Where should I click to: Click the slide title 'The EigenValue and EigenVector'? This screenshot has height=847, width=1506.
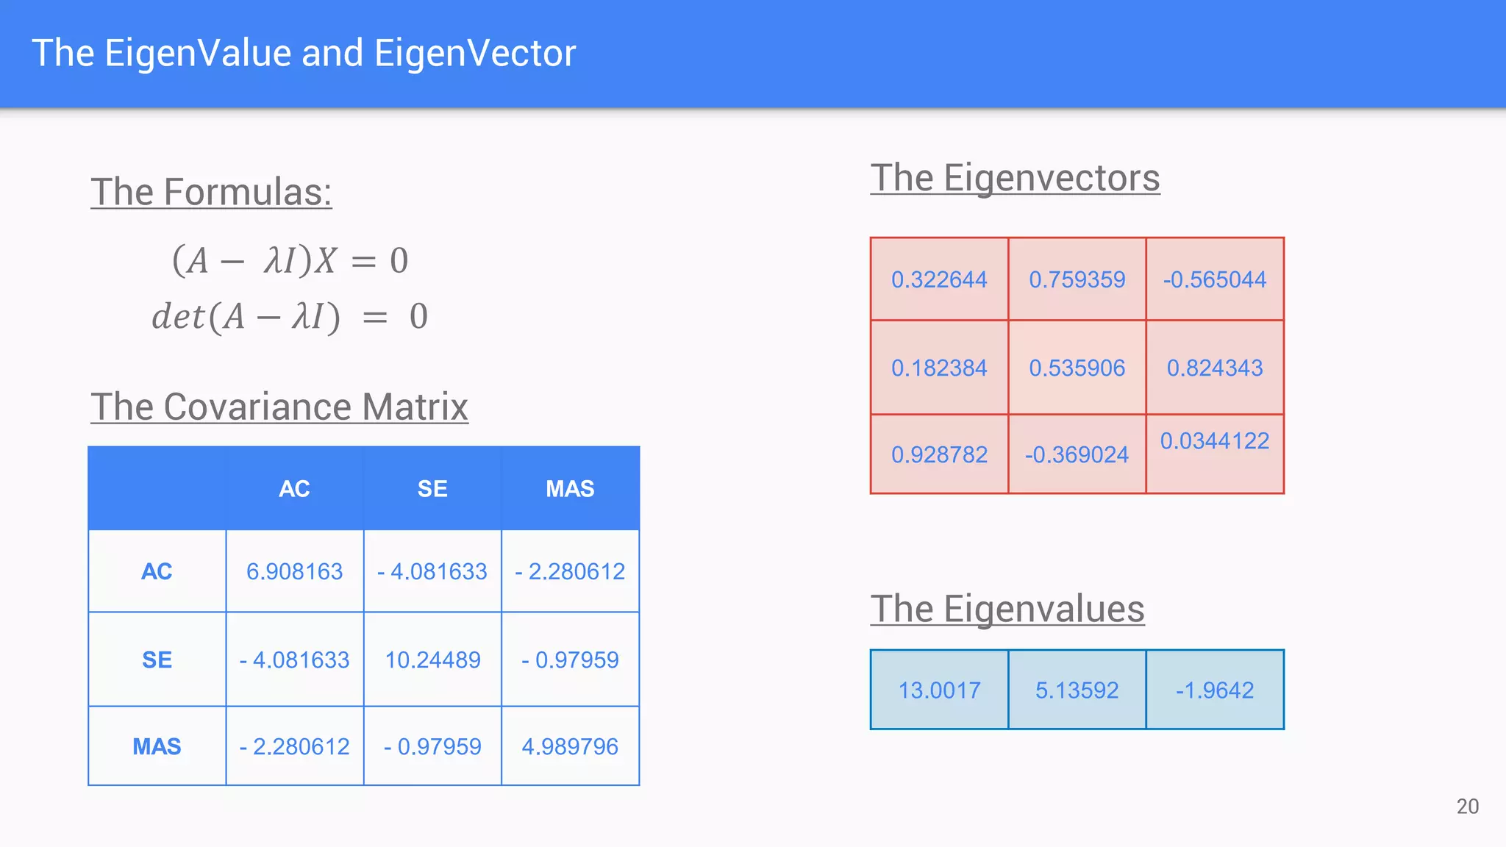[x=304, y=53]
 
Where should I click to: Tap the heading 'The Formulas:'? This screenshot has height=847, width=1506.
[x=211, y=192]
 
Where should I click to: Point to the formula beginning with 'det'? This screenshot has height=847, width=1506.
[x=289, y=317]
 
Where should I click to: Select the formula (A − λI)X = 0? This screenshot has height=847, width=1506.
[x=290, y=260]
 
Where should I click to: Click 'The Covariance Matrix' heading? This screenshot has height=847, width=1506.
[x=279, y=407]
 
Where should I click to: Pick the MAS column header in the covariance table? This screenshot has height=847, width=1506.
[x=570, y=489]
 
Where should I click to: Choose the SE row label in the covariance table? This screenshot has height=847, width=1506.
[x=157, y=660]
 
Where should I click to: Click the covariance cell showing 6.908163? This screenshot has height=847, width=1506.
[x=294, y=571]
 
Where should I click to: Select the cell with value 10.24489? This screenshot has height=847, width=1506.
[x=432, y=660]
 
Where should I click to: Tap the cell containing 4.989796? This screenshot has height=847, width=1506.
[x=570, y=746]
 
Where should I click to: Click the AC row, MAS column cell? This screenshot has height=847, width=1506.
[x=570, y=571]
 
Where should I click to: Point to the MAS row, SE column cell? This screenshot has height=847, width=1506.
[x=432, y=746]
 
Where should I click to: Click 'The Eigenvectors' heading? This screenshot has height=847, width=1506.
[x=1015, y=178]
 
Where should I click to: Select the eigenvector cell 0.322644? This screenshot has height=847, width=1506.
[x=939, y=279]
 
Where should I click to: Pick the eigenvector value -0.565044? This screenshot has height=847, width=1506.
[x=1215, y=279]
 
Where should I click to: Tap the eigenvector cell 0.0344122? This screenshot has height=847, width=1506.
[x=1215, y=441]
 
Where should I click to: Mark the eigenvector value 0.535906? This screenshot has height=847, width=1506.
[x=1077, y=368]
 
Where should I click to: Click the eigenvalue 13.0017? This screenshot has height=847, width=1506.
[x=939, y=690]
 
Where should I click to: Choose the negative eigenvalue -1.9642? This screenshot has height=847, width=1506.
[x=1215, y=690]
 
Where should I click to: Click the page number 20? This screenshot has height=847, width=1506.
[x=1467, y=807]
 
